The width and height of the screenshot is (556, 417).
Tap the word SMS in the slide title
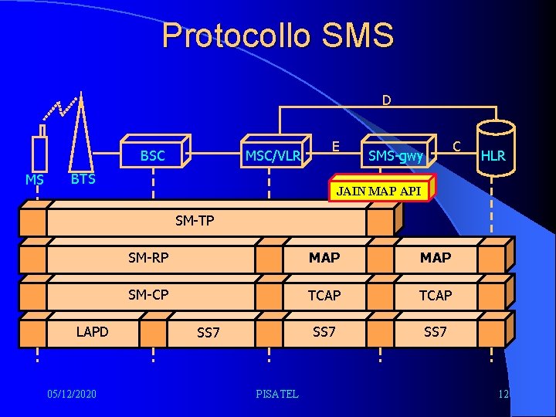360,36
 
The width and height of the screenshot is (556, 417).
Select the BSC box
152,155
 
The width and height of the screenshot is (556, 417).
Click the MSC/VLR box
272,155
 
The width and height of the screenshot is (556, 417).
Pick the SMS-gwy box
395,156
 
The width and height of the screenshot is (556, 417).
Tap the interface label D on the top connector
386,100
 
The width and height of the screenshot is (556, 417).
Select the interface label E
335,145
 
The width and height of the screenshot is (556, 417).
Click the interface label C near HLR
457,145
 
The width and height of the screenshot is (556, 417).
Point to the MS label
34,180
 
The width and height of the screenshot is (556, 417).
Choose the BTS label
83,179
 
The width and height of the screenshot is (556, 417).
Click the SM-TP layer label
195,221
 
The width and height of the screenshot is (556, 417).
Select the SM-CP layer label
148,294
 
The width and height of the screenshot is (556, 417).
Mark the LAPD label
92,331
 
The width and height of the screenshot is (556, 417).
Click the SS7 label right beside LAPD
208,333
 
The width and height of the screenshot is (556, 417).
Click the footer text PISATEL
277,395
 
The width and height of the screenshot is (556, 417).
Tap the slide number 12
503,395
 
